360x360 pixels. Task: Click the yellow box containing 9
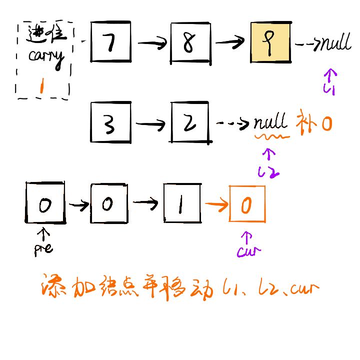270,42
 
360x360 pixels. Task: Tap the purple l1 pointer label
329,89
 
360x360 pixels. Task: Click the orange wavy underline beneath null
272,135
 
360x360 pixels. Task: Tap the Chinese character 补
306,122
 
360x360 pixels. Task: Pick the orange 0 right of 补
326,123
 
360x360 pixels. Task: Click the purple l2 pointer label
268,172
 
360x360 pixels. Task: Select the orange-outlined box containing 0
247,203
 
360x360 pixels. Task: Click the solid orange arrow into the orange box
215,203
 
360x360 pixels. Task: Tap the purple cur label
248,251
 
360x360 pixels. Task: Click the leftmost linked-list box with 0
45,203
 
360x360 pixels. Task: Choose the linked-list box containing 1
181,203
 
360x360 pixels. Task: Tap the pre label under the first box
43,247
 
